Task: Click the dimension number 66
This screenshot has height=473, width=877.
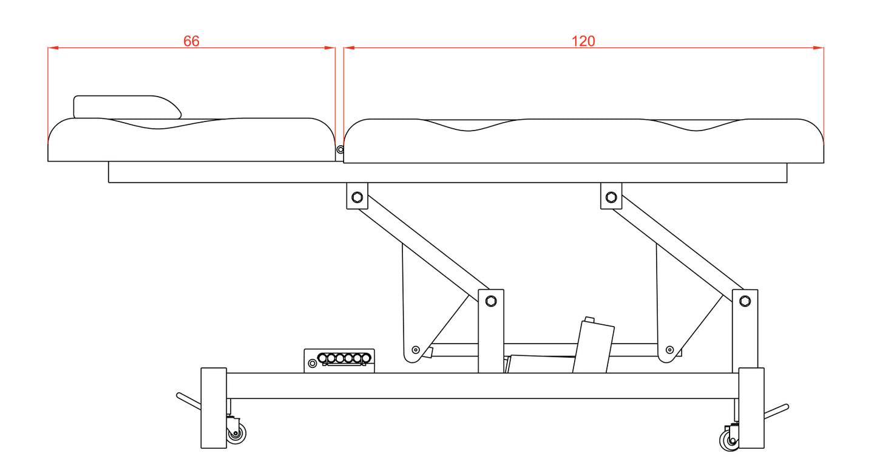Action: (x=191, y=41)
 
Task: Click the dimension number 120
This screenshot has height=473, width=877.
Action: (x=583, y=41)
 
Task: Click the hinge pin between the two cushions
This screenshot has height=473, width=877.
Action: (x=340, y=149)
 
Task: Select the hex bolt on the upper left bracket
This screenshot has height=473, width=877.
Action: (x=357, y=197)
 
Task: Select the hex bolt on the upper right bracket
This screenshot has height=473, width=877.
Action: (x=611, y=197)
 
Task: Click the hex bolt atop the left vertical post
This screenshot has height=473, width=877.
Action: (x=491, y=300)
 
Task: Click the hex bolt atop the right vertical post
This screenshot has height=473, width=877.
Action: (x=745, y=300)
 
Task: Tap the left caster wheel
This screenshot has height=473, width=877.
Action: (x=237, y=434)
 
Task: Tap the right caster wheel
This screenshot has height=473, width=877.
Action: (x=729, y=438)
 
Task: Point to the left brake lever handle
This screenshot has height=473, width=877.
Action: (x=188, y=401)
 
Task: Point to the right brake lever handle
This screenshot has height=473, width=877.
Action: (x=776, y=411)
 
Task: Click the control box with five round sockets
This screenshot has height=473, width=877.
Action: (x=339, y=361)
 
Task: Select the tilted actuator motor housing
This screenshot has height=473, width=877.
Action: (x=593, y=347)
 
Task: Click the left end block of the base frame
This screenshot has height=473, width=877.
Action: (x=213, y=407)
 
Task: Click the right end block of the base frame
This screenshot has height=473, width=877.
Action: (x=751, y=407)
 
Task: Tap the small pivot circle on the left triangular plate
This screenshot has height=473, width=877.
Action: (x=416, y=349)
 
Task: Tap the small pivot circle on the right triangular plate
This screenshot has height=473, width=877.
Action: (x=669, y=349)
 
